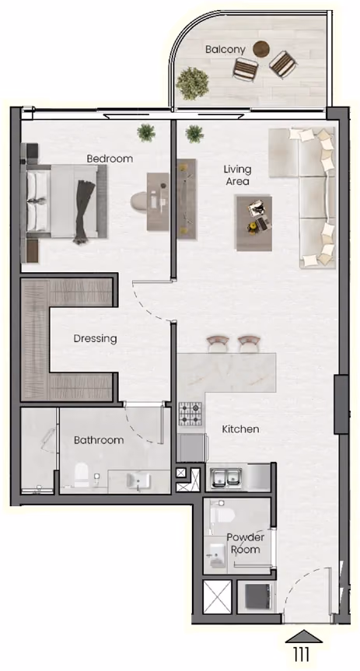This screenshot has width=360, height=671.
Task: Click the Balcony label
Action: pos(225,50)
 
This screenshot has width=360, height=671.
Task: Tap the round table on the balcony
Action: pos(261,49)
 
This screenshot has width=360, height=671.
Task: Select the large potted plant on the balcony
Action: pos(192,83)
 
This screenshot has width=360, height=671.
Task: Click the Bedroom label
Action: pos(110,159)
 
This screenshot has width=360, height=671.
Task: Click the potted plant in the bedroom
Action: pos(146,133)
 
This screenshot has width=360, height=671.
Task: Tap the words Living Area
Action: pos(238,176)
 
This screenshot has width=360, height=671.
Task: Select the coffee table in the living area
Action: pos(253,223)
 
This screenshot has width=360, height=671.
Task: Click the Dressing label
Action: pos(95,338)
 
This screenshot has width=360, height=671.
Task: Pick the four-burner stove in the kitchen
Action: pos(191,414)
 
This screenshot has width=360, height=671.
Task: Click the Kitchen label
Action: pos(240,428)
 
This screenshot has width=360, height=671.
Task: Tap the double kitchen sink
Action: pos(226,477)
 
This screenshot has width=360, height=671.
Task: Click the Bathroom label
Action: pos(99,440)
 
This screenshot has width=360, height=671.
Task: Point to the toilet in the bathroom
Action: pos(82,475)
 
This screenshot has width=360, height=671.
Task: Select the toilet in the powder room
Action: pos(222,515)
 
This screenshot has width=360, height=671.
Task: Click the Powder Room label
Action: pos(245,543)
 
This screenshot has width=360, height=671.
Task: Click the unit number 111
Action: pos(302,654)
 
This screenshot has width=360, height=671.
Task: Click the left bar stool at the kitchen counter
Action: pos(218,343)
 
